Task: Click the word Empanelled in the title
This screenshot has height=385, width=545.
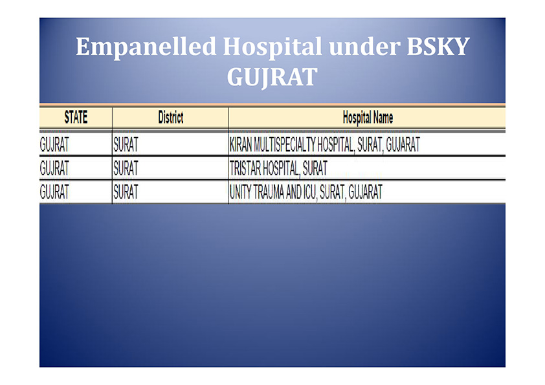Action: coord(146,47)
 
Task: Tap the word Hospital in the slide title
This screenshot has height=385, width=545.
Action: coord(272,47)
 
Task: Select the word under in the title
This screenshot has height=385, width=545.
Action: coord(364,47)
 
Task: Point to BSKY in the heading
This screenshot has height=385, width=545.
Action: coord(438,46)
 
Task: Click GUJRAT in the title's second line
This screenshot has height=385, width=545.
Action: coord(272,77)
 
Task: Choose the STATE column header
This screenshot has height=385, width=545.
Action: coord(76,117)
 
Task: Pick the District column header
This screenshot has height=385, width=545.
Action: coord(171,117)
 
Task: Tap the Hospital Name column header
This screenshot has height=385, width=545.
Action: coord(368,118)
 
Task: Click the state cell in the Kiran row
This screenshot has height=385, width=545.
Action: coord(54,144)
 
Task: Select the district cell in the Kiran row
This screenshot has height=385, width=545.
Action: coord(126,144)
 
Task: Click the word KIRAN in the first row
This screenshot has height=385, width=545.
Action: coord(241,144)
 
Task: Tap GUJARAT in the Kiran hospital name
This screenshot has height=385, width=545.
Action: coord(403,144)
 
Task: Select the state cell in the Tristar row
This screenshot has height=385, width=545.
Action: coord(54,168)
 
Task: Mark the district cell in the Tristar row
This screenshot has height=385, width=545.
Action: coord(126,168)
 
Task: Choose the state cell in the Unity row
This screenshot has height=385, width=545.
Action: coord(54,192)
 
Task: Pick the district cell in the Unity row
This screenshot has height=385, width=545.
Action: coord(126,192)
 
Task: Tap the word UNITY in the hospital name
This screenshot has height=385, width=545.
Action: coord(240,192)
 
